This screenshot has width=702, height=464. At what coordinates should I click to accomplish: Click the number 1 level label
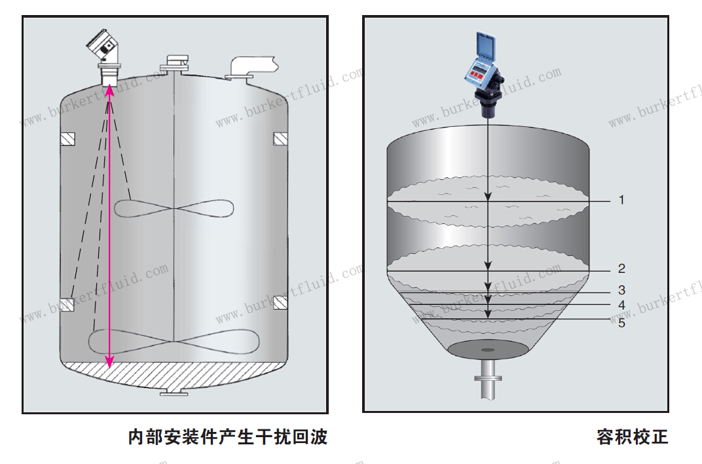coord(621,200)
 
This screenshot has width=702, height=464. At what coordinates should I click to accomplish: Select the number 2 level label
coord(621,269)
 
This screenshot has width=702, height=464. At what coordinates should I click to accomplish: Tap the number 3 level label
coord(621,290)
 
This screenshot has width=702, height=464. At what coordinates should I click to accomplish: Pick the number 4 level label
coord(621,306)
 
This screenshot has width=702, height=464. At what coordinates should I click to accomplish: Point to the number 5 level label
coord(621,323)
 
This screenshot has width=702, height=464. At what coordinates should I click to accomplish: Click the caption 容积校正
coord(632,437)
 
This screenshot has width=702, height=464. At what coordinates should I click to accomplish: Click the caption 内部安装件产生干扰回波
coord(228,437)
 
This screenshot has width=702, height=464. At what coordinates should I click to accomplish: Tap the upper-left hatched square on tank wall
coord(67,139)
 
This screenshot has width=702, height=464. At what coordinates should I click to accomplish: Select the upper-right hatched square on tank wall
coord(280,139)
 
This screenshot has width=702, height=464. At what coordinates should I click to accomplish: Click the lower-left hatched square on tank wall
coord(67,304)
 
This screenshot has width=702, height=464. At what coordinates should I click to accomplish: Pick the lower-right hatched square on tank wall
coord(280,302)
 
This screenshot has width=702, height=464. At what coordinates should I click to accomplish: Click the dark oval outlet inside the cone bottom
coord(488,349)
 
